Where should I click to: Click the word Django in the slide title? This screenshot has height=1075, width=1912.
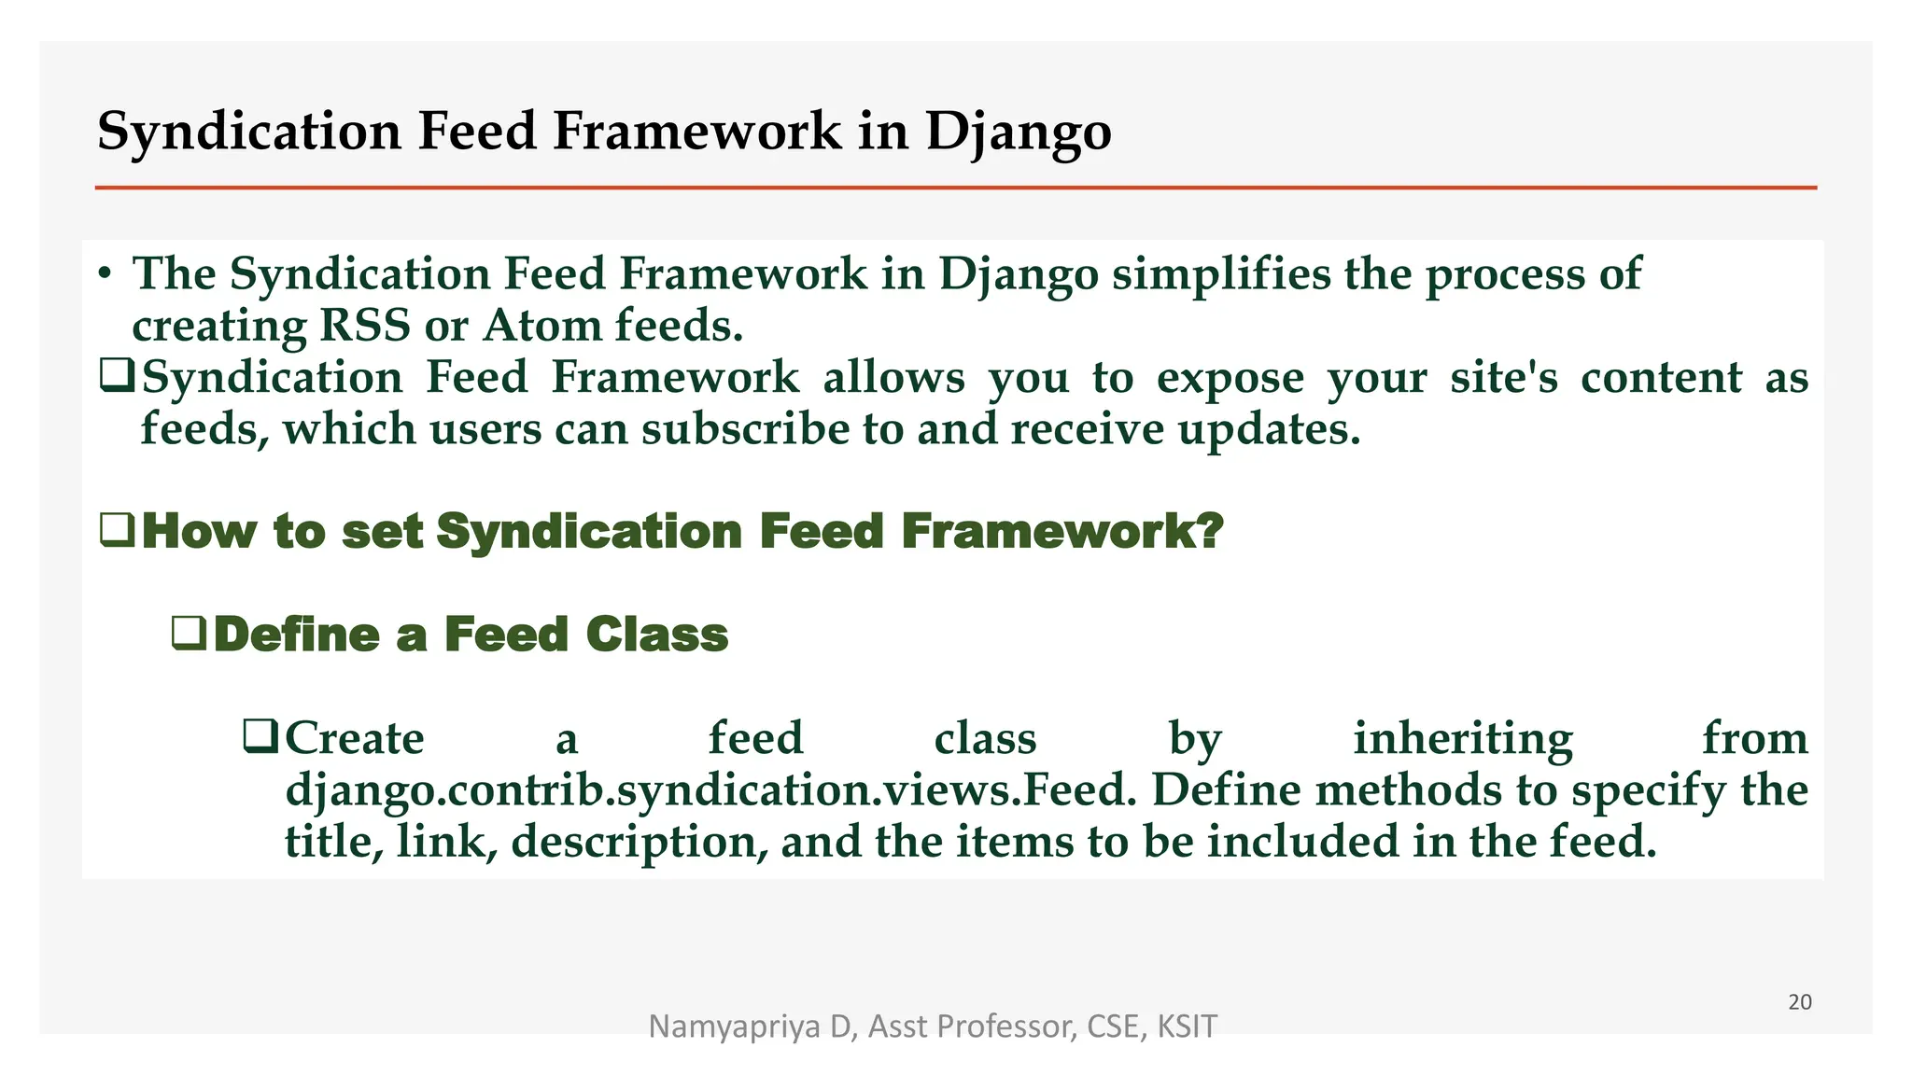(1018, 131)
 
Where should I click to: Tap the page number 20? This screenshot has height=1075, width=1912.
(1799, 1002)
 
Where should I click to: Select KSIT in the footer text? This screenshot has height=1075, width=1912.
(1187, 1026)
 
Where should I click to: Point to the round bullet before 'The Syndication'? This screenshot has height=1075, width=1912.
(105, 274)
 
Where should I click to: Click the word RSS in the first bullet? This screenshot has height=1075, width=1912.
(364, 326)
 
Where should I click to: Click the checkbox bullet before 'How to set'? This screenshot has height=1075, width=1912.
(117, 530)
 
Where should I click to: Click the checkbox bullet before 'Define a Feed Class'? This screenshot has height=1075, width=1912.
(189, 634)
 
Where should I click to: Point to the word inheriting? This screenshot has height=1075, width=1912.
(1462, 739)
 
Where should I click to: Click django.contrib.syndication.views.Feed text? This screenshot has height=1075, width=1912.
(710, 790)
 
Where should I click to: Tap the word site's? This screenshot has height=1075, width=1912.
(1503, 377)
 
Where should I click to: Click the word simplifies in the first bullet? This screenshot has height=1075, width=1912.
(1221, 274)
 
